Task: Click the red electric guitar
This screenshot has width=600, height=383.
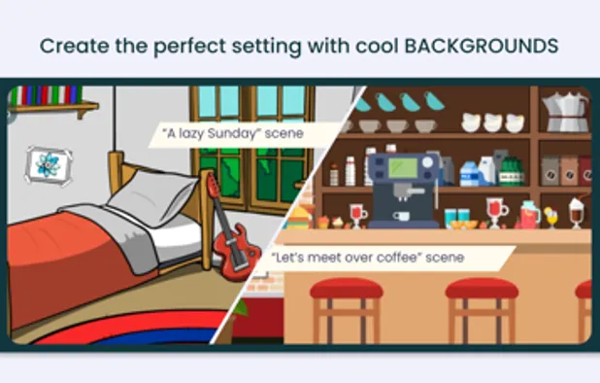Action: coord(231,242)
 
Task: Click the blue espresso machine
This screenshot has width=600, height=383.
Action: coord(404,186)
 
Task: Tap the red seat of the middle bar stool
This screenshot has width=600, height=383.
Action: coord(482,289)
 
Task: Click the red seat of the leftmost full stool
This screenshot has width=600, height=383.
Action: coord(346,288)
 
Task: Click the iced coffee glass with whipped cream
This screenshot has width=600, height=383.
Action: coord(577,211)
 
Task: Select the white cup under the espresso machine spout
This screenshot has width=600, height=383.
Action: coord(402,216)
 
